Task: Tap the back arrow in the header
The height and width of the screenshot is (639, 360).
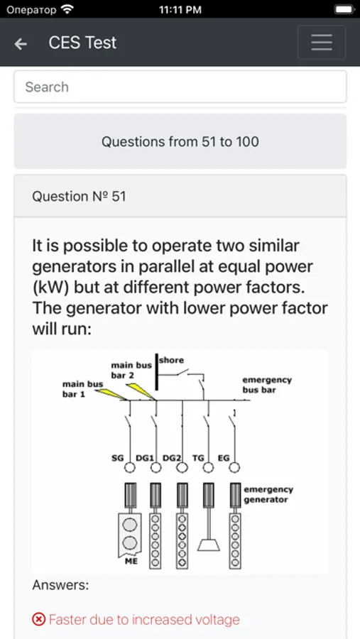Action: [21, 43]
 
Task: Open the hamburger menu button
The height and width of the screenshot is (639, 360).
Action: [322, 43]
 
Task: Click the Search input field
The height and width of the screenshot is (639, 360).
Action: [180, 87]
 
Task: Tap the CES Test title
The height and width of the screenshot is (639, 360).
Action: [82, 43]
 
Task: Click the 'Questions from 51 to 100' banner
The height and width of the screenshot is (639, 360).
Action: [180, 141]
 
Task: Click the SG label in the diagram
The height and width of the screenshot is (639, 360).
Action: [117, 458]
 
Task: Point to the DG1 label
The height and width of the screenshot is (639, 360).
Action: [144, 458]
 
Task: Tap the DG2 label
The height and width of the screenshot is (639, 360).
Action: [172, 458]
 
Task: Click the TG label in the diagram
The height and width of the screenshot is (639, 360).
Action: [198, 458]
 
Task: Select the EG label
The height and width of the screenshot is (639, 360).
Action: [224, 458]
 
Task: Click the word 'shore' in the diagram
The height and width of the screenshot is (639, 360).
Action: [172, 360]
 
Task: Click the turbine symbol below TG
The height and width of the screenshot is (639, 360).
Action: [208, 545]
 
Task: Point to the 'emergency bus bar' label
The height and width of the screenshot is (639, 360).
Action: [267, 385]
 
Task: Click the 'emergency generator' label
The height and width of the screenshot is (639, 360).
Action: [268, 494]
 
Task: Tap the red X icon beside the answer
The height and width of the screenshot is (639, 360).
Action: [38, 620]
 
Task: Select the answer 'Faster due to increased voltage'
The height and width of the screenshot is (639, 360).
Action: [144, 620]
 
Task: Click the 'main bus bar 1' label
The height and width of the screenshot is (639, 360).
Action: [82, 389]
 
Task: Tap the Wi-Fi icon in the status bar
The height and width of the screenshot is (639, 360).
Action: [67, 9]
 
